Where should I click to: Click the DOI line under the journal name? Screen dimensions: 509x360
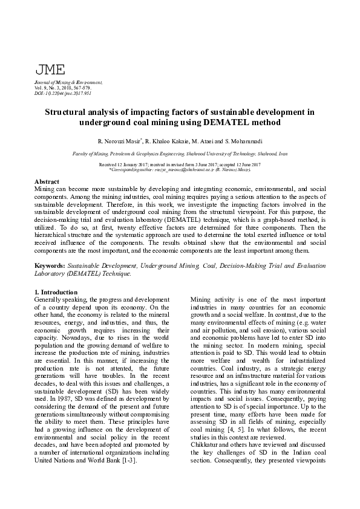(x=64, y=94)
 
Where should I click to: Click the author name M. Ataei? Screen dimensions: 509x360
(x=207, y=141)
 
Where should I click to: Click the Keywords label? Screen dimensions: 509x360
(x=51, y=265)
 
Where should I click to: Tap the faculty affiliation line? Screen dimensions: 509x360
(x=180, y=155)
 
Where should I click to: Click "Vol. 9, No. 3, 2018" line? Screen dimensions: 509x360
(x=62, y=88)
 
